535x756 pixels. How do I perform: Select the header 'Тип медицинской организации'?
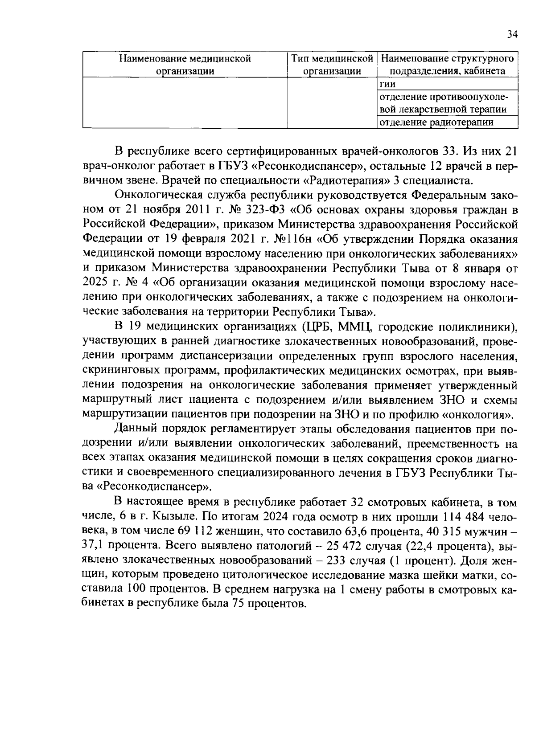click(x=332, y=65)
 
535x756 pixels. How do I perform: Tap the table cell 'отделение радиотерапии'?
click(x=436, y=123)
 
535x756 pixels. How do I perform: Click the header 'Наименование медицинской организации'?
click(x=185, y=65)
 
